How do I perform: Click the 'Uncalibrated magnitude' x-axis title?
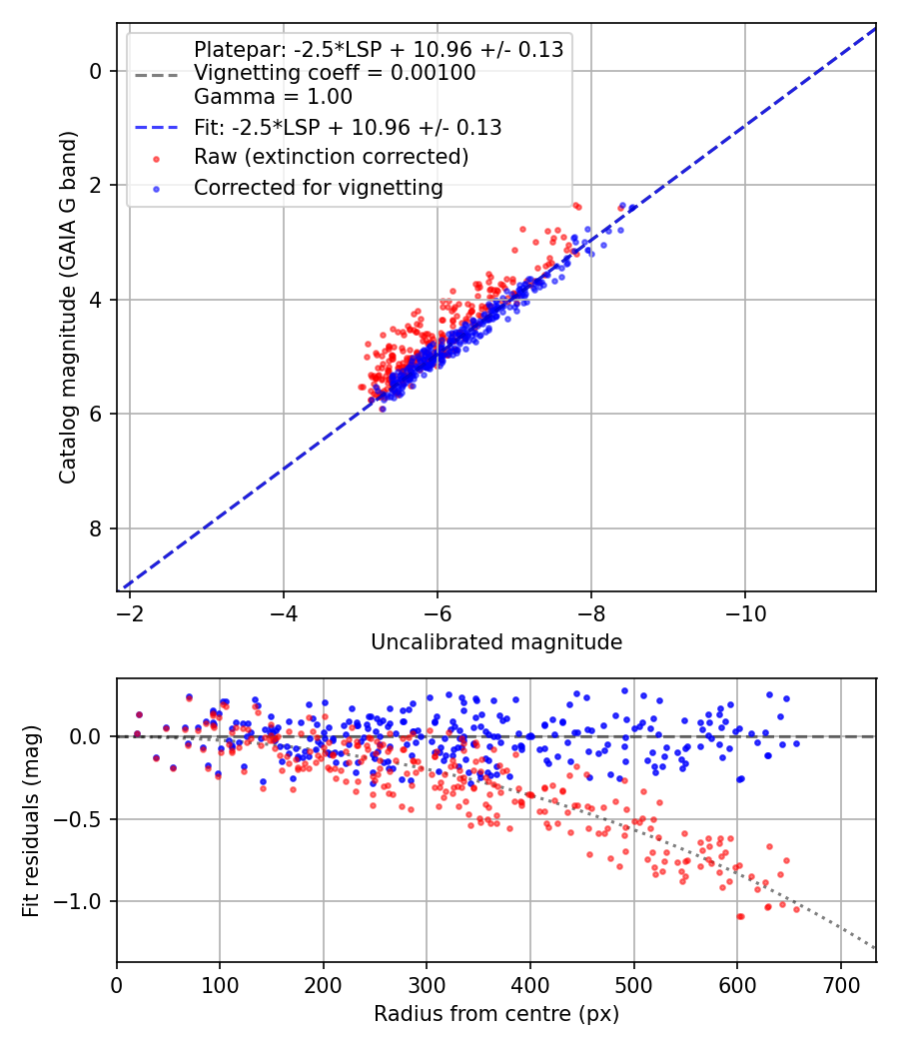[496, 642]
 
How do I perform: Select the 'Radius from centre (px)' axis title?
[496, 1014]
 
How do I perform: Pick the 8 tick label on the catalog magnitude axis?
[97, 528]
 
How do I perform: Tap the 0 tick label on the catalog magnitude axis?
[97, 71]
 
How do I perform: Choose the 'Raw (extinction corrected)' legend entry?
[331, 157]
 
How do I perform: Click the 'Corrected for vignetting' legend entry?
[319, 187]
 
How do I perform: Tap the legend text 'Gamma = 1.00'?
[273, 98]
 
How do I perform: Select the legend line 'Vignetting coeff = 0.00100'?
[335, 73]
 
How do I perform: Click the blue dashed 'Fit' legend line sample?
[156, 128]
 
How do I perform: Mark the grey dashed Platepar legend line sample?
[156, 74]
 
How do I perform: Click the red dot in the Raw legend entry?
[156, 158]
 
